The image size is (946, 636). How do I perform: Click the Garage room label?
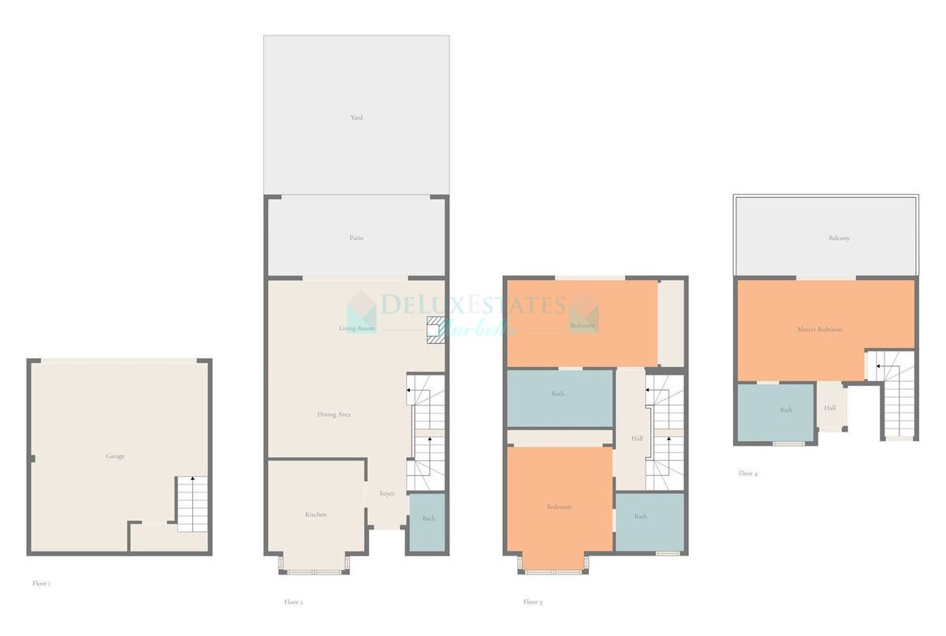(x=115, y=456)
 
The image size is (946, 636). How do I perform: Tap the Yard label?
(x=356, y=118)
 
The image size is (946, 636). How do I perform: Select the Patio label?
(x=356, y=238)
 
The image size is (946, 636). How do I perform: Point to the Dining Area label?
(x=333, y=414)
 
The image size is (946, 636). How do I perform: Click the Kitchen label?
(x=315, y=514)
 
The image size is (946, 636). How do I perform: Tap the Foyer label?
(x=386, y=493)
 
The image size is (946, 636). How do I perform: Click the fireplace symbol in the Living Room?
(x=434, y=327)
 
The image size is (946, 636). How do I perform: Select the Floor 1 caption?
(x=41, y=584)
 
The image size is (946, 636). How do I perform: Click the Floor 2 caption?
(x=293, y=602)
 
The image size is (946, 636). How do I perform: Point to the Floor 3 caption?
(x=532, y=602)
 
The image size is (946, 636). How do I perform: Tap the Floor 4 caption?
(x=747, y=473)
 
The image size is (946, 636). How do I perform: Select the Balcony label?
(x=839, y=238)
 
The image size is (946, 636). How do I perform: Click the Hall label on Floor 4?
(x=830, y=408)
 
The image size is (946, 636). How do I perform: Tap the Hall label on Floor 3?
(x=637, y=439)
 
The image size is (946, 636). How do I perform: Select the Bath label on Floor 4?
(x=786, y=410)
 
